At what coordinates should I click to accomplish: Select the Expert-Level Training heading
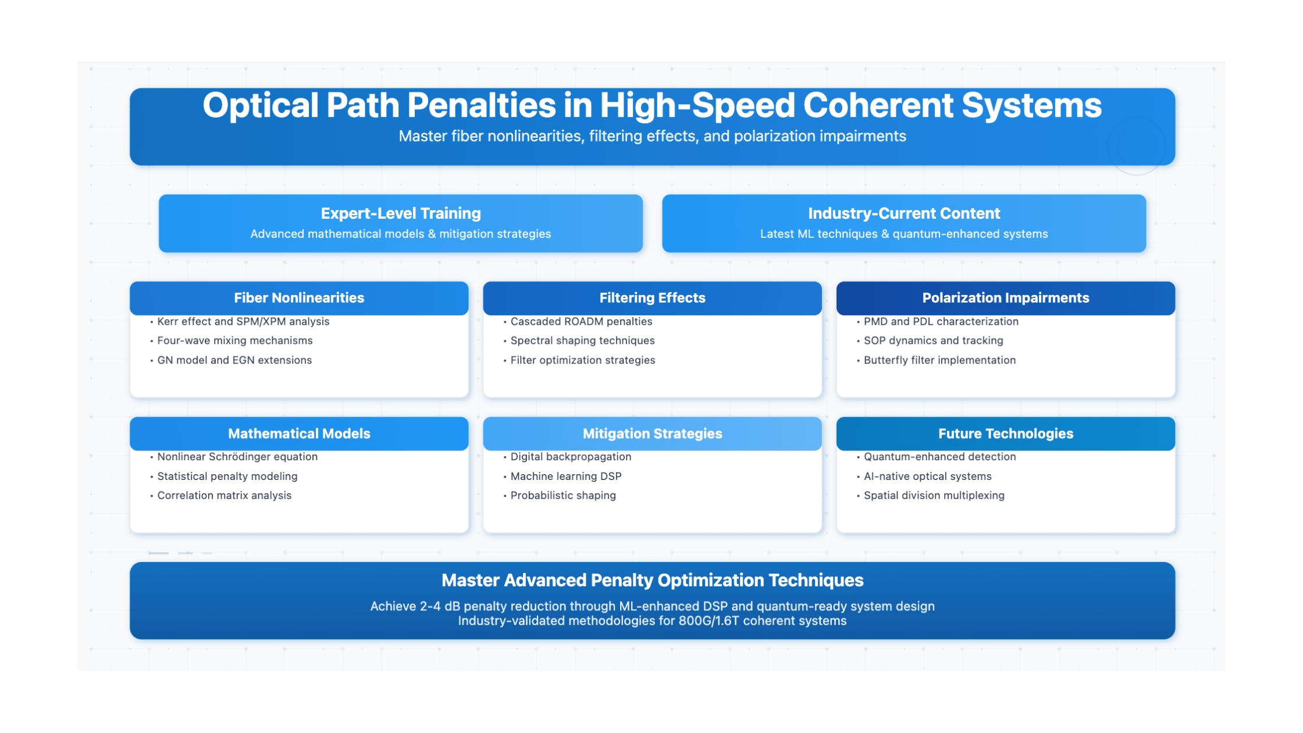401,214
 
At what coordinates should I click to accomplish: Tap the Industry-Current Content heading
904,214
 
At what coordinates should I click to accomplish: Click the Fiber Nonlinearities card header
299,298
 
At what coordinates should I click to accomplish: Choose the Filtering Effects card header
652,298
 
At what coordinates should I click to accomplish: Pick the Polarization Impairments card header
1006,298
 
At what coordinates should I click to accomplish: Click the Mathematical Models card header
299,433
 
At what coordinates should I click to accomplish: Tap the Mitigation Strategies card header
652,433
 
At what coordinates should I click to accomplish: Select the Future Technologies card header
1006,433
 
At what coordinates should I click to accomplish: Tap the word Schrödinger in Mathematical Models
238,457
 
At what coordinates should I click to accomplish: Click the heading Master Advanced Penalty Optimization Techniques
652,581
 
